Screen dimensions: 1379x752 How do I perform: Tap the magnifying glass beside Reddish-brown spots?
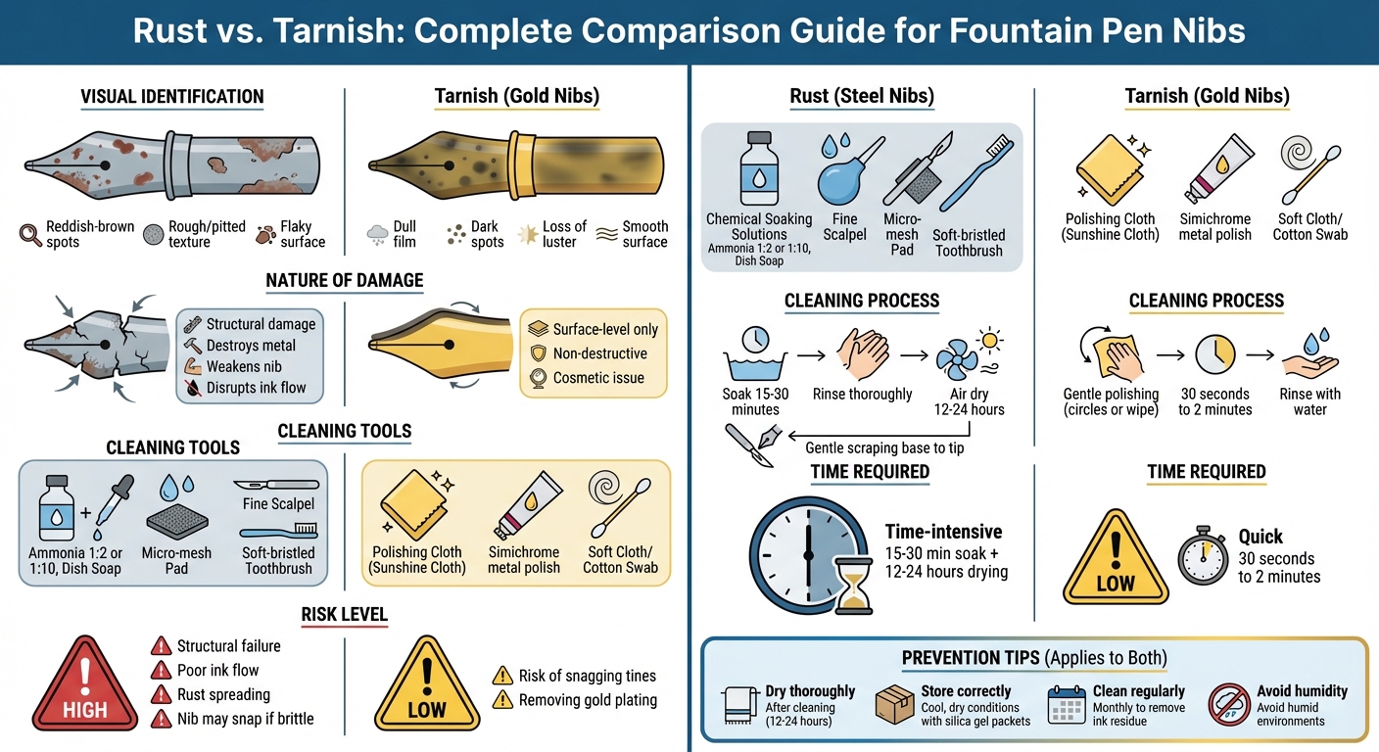tap(30, 234)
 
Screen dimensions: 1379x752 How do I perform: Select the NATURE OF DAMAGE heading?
tap(344, 281)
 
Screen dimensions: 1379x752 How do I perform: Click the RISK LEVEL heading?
tap(344, 614)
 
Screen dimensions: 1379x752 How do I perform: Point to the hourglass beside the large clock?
tap(853, 586)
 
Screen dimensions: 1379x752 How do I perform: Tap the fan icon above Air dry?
tap(957, 358)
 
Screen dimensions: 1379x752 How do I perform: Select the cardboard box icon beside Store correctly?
tap(894, 705)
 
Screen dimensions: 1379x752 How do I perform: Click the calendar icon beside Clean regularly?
tap(1067, 705)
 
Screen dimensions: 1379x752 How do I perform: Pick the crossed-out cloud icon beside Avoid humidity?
tap(1229, 705)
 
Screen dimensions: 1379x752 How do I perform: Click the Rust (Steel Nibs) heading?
tap(862, 96)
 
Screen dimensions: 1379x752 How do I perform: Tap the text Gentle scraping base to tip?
tap(884, 448)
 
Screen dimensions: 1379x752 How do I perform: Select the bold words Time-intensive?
tap(944, 532)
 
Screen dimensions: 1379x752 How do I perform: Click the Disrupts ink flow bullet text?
tap(256, 388)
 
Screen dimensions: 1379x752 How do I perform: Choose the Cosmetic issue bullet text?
tap(598, 378)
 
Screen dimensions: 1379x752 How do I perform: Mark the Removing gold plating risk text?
tap(588, 700)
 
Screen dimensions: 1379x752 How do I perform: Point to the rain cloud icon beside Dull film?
tap(377, 235)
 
